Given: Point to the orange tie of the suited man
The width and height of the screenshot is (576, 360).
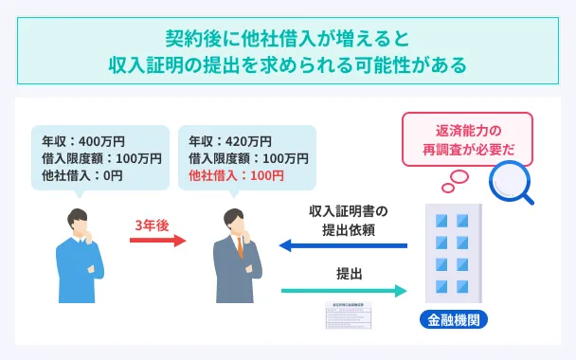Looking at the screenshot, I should pos(239,251).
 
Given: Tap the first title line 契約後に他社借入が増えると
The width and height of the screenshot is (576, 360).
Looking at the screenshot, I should pos(287,40).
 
